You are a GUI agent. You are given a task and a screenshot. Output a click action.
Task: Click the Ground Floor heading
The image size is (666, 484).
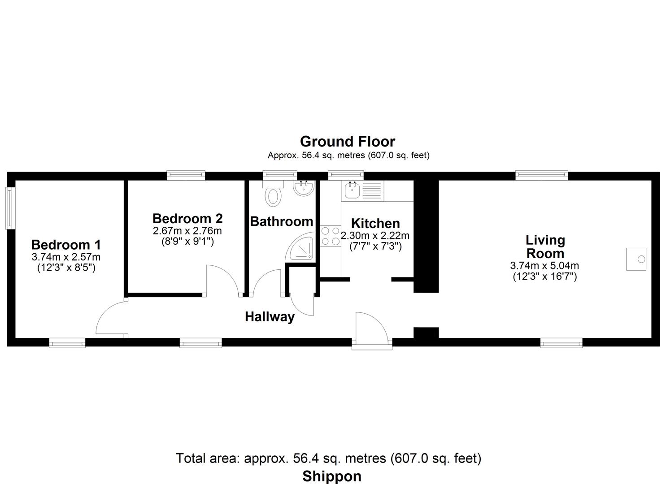(x=347, y=142)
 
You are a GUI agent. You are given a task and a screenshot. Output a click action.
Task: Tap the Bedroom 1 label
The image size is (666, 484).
(x=66, y=245)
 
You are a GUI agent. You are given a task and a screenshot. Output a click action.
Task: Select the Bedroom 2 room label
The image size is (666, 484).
(x=187, y=219)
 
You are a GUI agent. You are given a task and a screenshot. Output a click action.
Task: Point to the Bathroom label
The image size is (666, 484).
(x=281, y=222)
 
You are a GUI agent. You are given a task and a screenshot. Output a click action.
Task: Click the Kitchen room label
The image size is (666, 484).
(x=375, y=224)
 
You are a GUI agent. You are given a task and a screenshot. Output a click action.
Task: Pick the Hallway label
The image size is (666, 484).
(x=270, y=317)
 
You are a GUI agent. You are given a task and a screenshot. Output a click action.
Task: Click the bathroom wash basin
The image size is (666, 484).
(x=304, y=188)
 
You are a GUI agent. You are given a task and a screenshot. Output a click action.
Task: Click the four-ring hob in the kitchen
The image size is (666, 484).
(x=331, y=236)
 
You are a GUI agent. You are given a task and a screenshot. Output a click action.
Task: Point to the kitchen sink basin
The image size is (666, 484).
(x=352, y=190)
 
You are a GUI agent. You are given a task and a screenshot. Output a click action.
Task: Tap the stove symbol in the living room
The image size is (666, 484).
(x=636, y=259)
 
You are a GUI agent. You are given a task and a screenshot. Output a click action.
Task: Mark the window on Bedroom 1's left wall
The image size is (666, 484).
(x=10, y=208)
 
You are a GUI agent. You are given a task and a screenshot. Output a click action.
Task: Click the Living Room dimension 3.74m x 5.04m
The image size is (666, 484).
(x=545, y=266)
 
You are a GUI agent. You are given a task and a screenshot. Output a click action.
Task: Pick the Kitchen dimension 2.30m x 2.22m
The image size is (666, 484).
(x=375, y=236)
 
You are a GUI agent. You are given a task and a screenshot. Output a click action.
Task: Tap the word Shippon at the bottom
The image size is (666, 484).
(x=332, y=476)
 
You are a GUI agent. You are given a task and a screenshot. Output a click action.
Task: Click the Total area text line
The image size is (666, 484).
(x=329, y=458)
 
